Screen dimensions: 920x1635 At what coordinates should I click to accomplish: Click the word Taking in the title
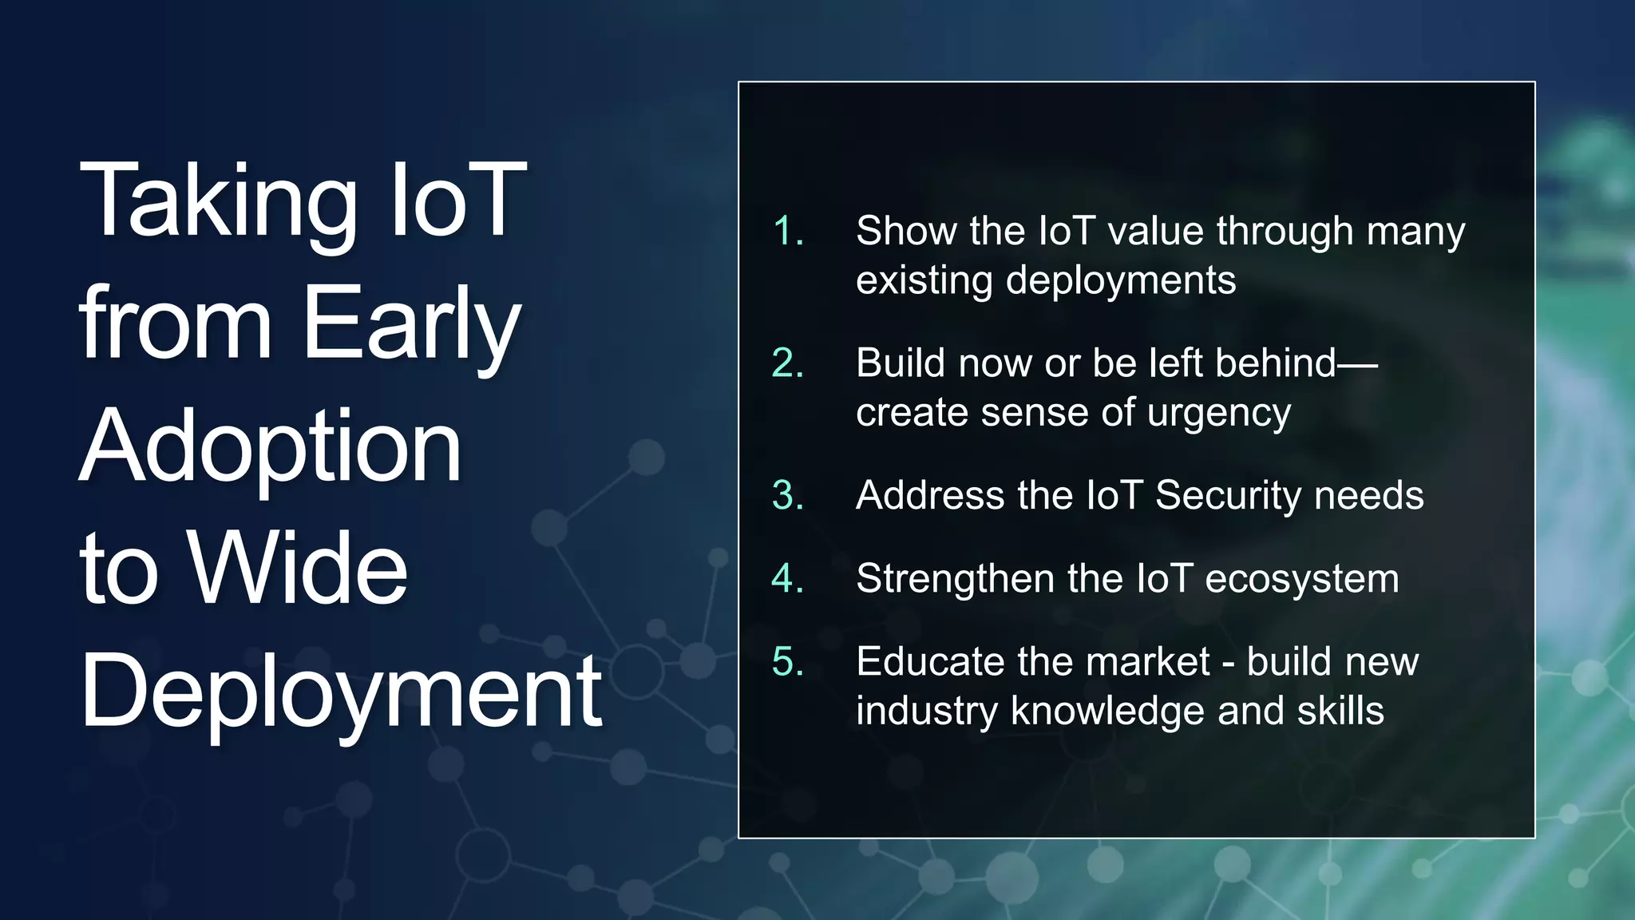218,201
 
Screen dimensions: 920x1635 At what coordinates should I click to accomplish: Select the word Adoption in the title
271,447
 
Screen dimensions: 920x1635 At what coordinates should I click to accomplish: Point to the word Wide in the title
298,569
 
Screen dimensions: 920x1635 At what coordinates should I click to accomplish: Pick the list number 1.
787,232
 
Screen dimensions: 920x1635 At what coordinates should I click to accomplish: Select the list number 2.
787,363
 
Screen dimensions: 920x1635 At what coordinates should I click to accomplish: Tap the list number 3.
787,495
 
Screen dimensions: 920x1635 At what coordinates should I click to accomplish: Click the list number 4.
787,579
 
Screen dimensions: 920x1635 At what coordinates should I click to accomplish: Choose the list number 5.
787,662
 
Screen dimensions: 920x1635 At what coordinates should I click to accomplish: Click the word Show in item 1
906,232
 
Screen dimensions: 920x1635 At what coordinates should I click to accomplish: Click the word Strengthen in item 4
955,579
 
